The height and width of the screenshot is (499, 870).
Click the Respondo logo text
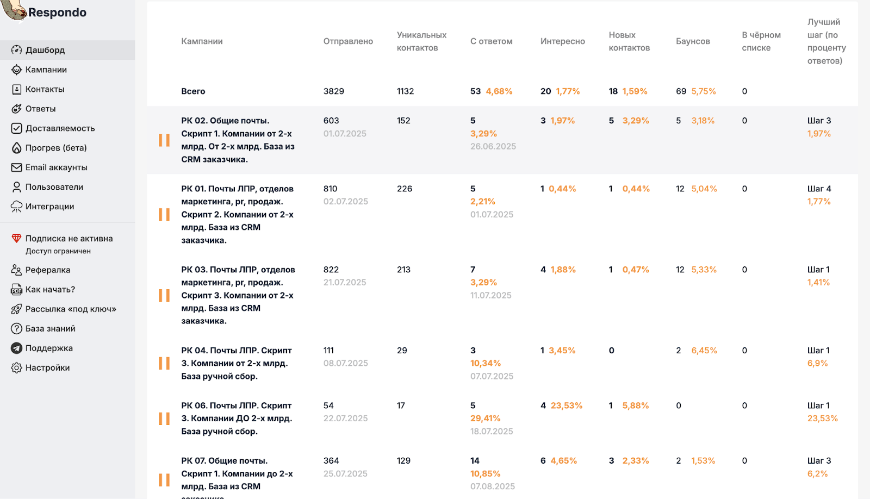[57, 13]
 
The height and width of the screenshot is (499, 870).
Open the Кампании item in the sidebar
[46, 70]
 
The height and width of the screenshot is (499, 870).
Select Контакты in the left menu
[45, 89]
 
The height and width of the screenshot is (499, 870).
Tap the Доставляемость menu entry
[60, 128]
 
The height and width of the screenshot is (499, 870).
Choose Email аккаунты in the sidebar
[56, 167]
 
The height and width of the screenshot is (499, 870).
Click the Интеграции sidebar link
[49, 207]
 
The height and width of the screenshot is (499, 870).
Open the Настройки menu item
[47, 367]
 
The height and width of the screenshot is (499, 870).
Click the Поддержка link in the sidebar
[49, 348]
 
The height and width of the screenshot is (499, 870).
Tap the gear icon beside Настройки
[17, 367]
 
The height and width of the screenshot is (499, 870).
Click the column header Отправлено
[348, 41]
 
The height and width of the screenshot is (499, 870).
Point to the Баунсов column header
[693, 41]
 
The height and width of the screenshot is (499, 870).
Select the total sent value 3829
[333, 91]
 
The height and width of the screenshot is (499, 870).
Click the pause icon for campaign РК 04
[164, 363]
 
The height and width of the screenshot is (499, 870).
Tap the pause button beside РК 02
[164, 140]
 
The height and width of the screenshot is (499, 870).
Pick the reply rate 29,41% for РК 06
[485, 419]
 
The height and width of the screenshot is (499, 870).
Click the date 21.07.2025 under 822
[345, 283]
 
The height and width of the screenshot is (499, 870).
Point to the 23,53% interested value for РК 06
[566, 406]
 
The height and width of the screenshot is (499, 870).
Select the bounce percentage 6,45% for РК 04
[704, 351]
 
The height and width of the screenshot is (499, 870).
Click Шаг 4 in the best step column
[819, 189]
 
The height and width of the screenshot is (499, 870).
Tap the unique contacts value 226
[404, 189]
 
